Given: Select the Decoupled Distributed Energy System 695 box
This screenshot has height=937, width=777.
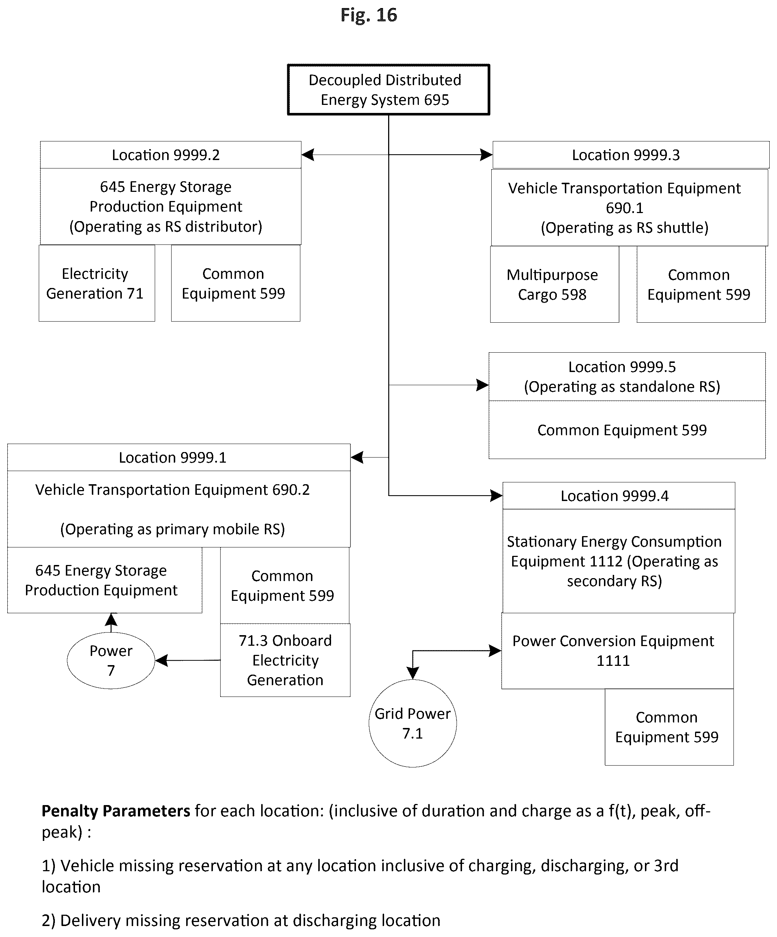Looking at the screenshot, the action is click(388, 90).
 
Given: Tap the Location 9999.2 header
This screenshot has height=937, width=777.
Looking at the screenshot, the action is click(170, 155).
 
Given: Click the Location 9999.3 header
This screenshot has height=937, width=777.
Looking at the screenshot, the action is click(631, 155).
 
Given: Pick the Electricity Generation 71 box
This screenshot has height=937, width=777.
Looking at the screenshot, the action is click(97, 283).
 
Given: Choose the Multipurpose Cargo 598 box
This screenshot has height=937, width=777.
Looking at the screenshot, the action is click(555, 284).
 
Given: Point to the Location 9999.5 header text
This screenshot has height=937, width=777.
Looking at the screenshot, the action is click(622, 376).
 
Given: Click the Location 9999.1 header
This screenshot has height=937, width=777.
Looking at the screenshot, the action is click(179, 457).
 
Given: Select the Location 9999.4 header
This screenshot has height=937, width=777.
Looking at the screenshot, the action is click(619, 496).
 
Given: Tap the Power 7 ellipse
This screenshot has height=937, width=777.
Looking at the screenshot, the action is click(111, 660).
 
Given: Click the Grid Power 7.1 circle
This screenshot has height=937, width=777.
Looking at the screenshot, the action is click(413, 723).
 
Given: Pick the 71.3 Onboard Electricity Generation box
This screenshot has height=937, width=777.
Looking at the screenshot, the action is click(285, 660).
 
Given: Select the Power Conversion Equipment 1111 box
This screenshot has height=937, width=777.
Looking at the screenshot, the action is click(617, 651).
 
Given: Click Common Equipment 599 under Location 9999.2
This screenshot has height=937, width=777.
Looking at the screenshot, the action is click(235, 283).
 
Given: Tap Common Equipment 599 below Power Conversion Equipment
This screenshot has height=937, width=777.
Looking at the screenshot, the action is click(669, 727).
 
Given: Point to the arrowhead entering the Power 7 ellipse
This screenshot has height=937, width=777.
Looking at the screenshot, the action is click(161, 660).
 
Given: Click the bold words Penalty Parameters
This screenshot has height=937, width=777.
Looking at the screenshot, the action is click(116, 811).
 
